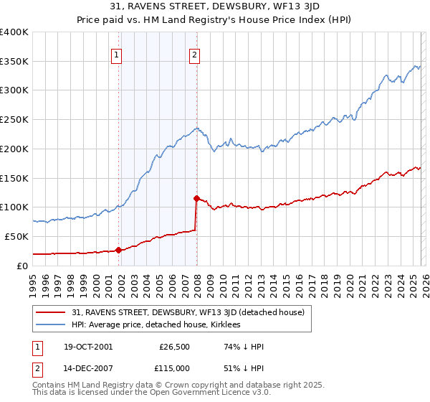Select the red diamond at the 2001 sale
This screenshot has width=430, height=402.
pos(119,250)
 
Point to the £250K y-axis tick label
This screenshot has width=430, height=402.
pos(14,120)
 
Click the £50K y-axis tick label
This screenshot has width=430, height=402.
pos(16,236)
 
